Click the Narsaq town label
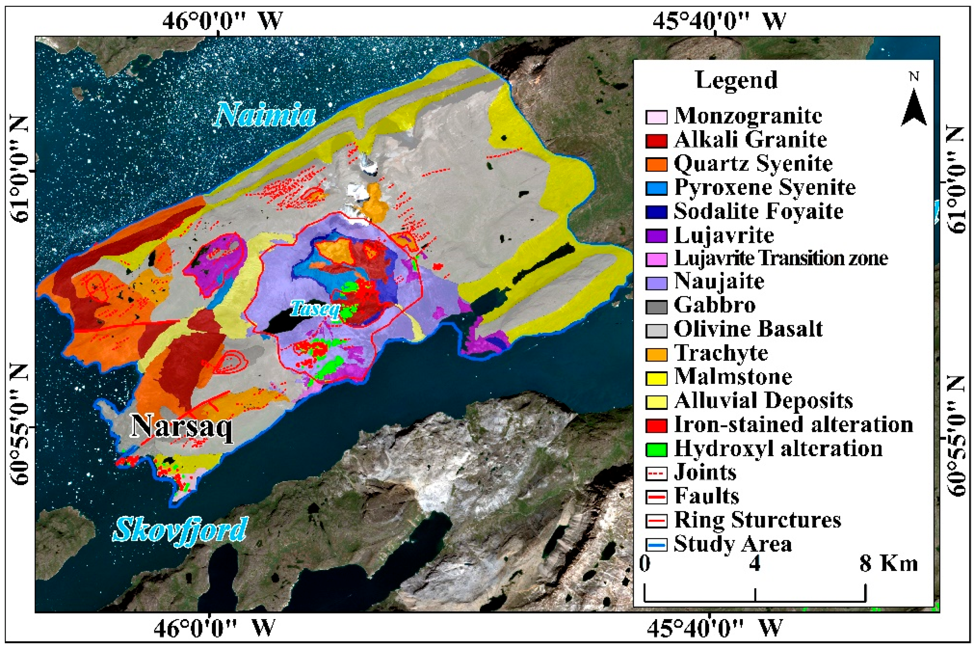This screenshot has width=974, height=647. pyautogui.click(x=182, y=426)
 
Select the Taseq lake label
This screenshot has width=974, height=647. pyautogui.click(x=315, y=308)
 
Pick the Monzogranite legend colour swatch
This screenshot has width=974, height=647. pyautogui.click(x=656, y=117)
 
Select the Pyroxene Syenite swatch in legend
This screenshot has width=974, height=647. pyautogui.click(x=656, y=188)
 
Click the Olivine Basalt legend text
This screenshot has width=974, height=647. pyautogui.click(x=748, y=329)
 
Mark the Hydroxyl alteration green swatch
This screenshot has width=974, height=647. pyautogui.click(x=656, y=449)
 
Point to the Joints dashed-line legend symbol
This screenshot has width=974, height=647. pyautogui.click(x=656, y=473)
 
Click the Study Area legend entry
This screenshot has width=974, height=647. pyautogui.click(x=733, y=544)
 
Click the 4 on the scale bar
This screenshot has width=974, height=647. pyautogui.click(x=755, y=564)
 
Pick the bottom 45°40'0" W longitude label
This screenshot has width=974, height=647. pyautogui.click(x=714, y=628)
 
